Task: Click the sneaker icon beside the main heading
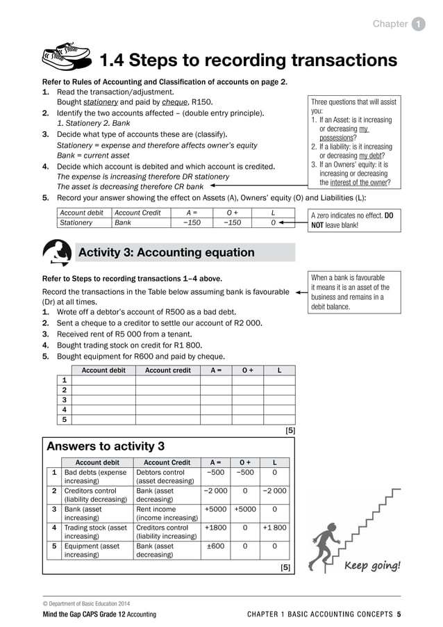coord(67,58)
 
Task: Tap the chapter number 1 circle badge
coord(419,24)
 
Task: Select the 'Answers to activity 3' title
coord(105,446)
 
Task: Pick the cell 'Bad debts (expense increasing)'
coord(96,477)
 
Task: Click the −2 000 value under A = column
coord(215,491)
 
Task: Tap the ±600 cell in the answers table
coord(215,546)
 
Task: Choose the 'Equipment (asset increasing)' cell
coord(96,551)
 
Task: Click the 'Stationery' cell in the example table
coord(76,222)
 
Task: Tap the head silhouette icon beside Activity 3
coord(56,252)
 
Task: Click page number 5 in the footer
coord(399,614)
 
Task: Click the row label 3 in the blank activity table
coord(65,400)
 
